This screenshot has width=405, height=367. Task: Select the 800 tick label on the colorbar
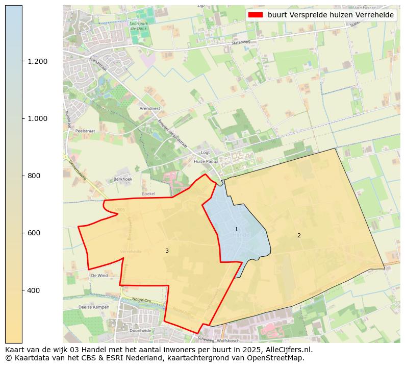click(x=33, y=176)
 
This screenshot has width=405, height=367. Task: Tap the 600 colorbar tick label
click(x=33, y=233)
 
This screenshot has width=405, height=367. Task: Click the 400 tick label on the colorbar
click(x=33, y=290)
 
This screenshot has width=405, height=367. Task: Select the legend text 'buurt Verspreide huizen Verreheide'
click(x=331, y=15)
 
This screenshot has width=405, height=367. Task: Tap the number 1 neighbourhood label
click(x=236, y=230)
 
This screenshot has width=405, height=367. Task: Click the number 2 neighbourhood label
click(x=299, y=235)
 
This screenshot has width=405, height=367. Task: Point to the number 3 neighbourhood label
click(x=167, y=251)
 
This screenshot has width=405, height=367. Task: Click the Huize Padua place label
click(x=206, y=161)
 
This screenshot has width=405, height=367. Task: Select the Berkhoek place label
click(x=123, y=179)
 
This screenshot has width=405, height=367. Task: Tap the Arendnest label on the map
click(x=150, y=109)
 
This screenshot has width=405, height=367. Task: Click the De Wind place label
click(x=99, y=275)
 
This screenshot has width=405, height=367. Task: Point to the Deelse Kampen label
click(x=94, y=307)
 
